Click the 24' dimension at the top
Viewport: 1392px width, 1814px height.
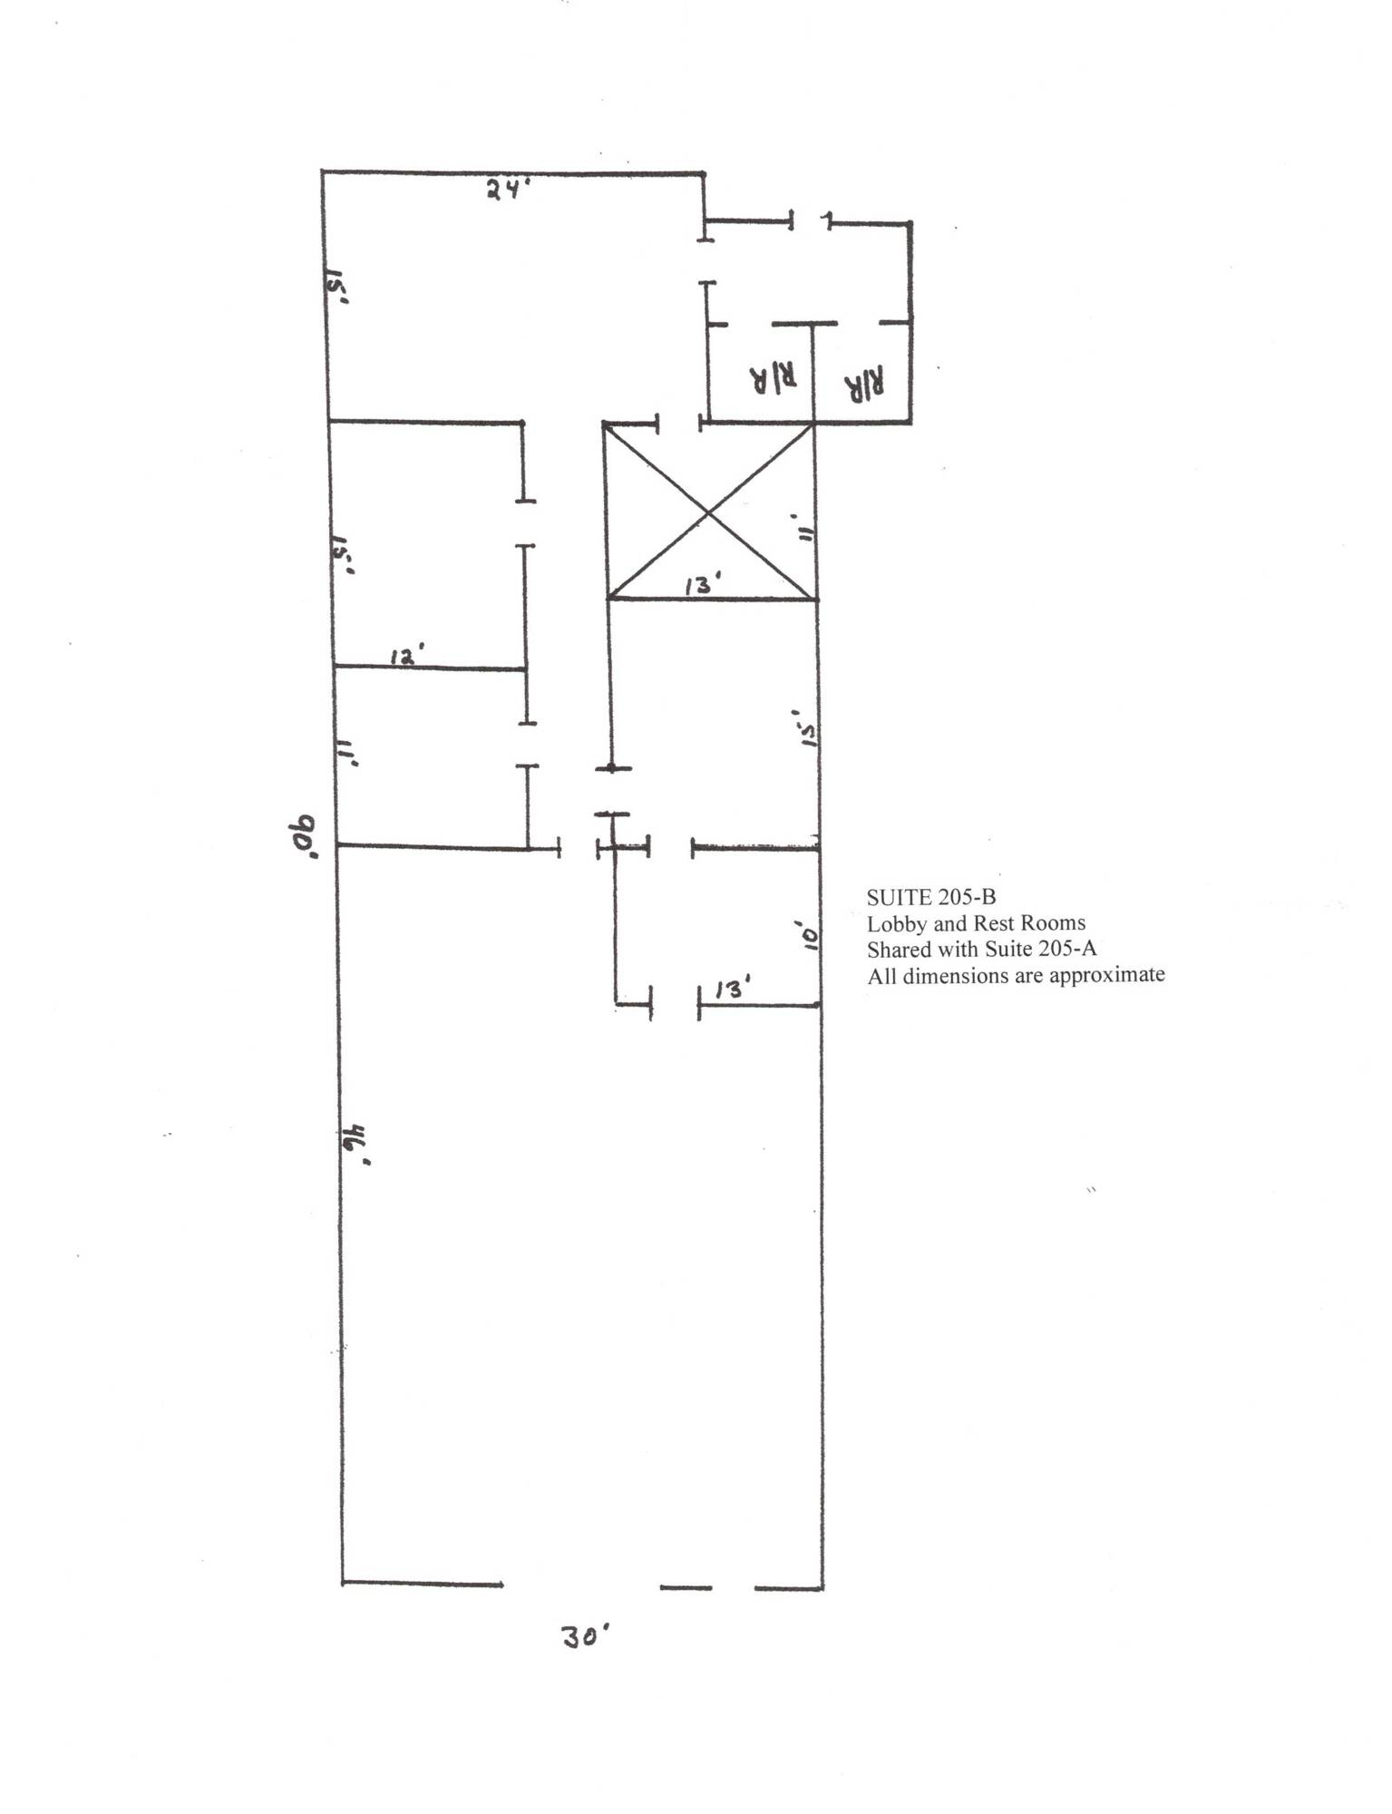[507, 190]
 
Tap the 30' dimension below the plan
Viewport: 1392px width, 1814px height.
[586, 1637]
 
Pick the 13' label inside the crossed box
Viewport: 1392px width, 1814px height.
[703, 586]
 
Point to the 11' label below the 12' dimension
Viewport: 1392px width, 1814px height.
[347, 752]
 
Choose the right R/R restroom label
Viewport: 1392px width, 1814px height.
[865, 386]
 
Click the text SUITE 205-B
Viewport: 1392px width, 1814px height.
[931, 897]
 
